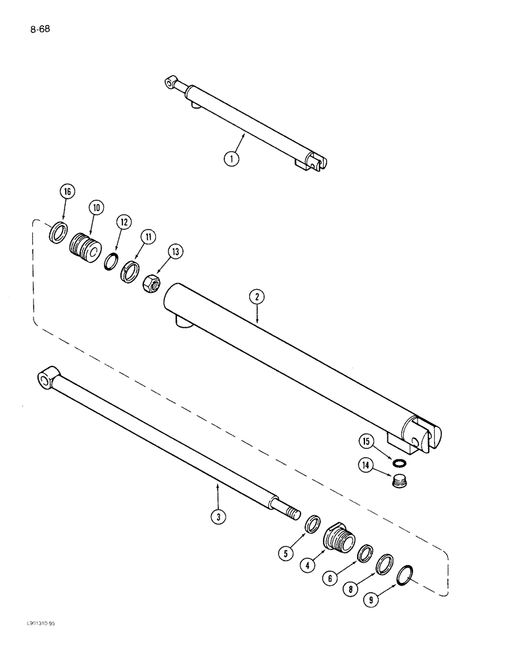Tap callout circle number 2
[x=257, y=297]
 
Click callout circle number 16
[x=68, y=192]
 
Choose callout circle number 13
[x=157, y=251]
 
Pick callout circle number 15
[x=366, y=442]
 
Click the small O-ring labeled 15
[x=397, y=463]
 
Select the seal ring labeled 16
[x=57, y=233]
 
